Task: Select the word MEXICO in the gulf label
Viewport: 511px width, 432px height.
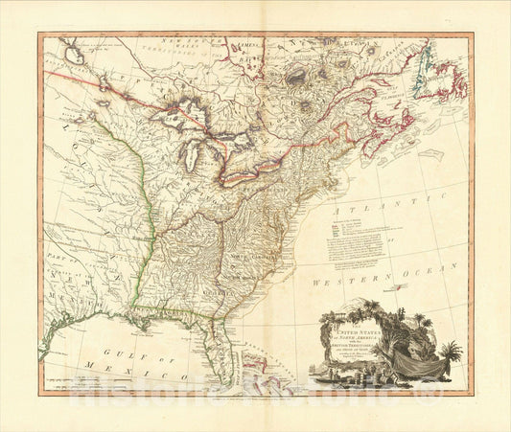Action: point(136,368)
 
